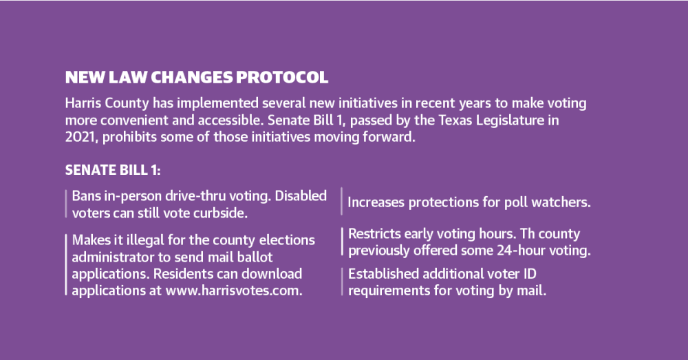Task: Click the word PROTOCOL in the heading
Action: (x=281, y=77)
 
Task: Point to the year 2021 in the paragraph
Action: (x=82, y=137)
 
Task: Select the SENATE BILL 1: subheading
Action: (x=113, y=170)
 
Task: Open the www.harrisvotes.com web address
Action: (x=234, y=290)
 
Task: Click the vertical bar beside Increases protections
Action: (x=341, y=201)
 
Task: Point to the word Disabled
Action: (x=301, y=195)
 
